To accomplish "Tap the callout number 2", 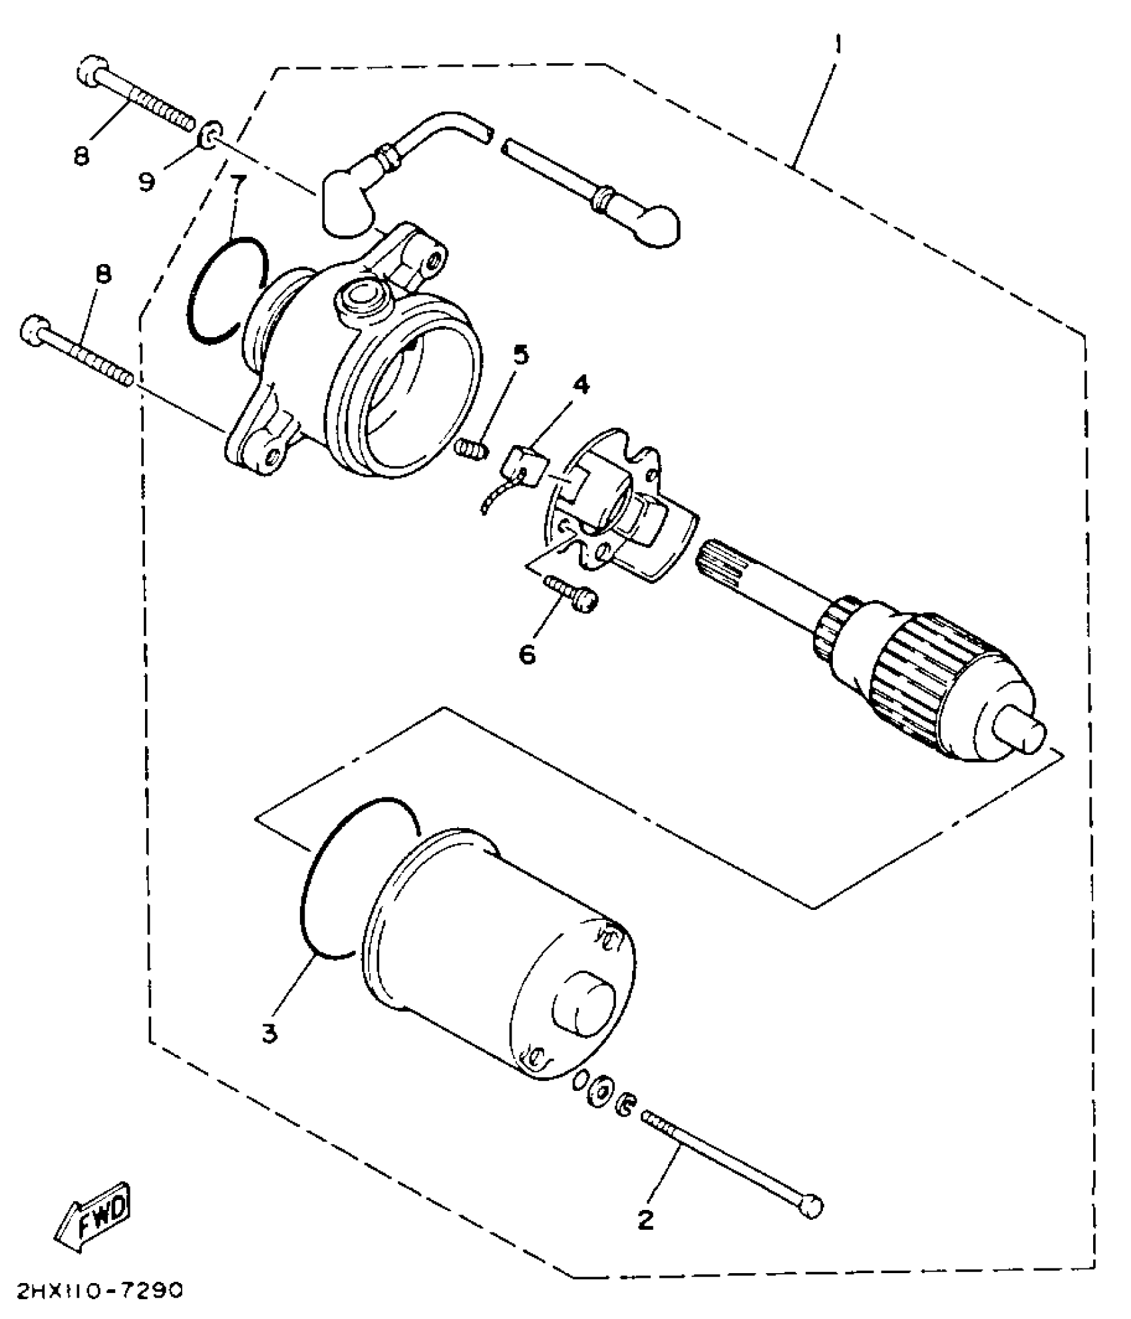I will [645, 1219].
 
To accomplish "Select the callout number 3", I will [269, 1033].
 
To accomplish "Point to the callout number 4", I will [580, 384].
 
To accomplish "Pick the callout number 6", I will [526, 655].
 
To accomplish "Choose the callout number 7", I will [237, 184].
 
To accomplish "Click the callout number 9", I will [147, 180].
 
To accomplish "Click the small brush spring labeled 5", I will [472, 449].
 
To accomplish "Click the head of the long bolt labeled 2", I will [813, 1207].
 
